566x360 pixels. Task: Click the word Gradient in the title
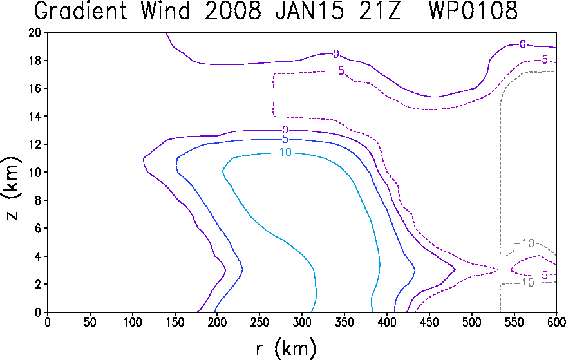point(80,10)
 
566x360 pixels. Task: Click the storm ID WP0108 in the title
point(473,10)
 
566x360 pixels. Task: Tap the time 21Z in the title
point(379,10)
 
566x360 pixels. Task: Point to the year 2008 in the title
point(233,10)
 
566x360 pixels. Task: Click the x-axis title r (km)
point(286,349)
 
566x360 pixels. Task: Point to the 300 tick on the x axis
point(301,322)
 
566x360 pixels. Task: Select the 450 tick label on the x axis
point(429,322)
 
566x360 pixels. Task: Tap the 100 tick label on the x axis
point(132,322)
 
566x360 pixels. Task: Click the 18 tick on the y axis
point(35,61)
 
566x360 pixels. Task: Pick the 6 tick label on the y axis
point(38,228)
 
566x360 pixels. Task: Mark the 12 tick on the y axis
point(35,144)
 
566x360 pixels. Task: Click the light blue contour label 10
point(285,153)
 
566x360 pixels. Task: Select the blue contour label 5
point(285,139)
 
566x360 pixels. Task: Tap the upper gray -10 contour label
point(524,243)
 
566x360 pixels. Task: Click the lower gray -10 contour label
point(524,283)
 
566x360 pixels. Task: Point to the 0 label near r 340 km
point(336,54)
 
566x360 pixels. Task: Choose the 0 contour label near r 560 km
point(523,44)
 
